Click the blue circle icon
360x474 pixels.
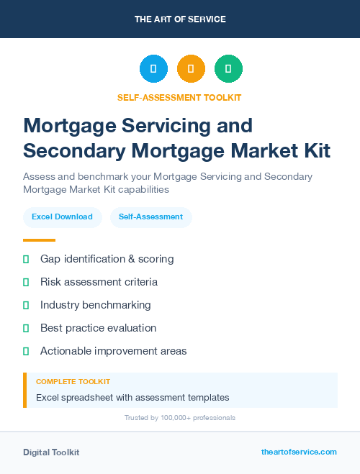point(153,69)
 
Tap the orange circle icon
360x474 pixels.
point(191,69)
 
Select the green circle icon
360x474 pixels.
point(228,69)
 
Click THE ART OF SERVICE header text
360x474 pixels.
point(180,19)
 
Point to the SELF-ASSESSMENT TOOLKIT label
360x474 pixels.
point(180,97)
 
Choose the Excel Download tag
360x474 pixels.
point(62,217)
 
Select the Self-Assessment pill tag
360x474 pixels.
point(150,217)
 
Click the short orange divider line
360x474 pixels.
point(39,240)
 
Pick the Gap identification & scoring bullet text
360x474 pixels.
point(107,259)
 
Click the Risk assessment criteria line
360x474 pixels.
point(99,282)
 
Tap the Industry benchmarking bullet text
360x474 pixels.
point(96,305)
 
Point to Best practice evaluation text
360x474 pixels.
point(98,328)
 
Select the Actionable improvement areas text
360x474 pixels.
point(113,351)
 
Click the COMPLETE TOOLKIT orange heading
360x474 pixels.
point(73,382)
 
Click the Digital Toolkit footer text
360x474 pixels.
point(51,452)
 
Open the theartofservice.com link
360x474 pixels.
point(299,452)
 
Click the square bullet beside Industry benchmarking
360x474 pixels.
point(26,305)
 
